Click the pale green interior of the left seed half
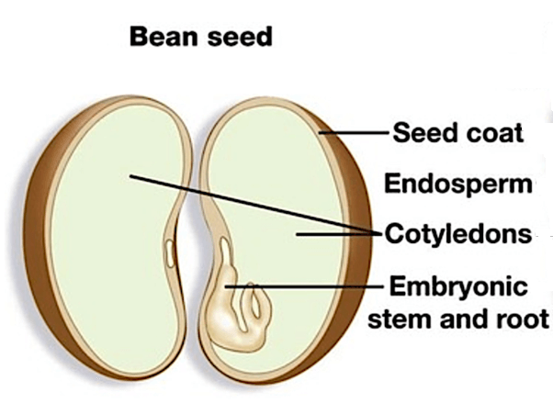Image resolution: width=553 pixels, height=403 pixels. point(101,239)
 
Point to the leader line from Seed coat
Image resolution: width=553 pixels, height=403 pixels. point(354,132)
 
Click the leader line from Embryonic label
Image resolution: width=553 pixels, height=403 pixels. point(312,287)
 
